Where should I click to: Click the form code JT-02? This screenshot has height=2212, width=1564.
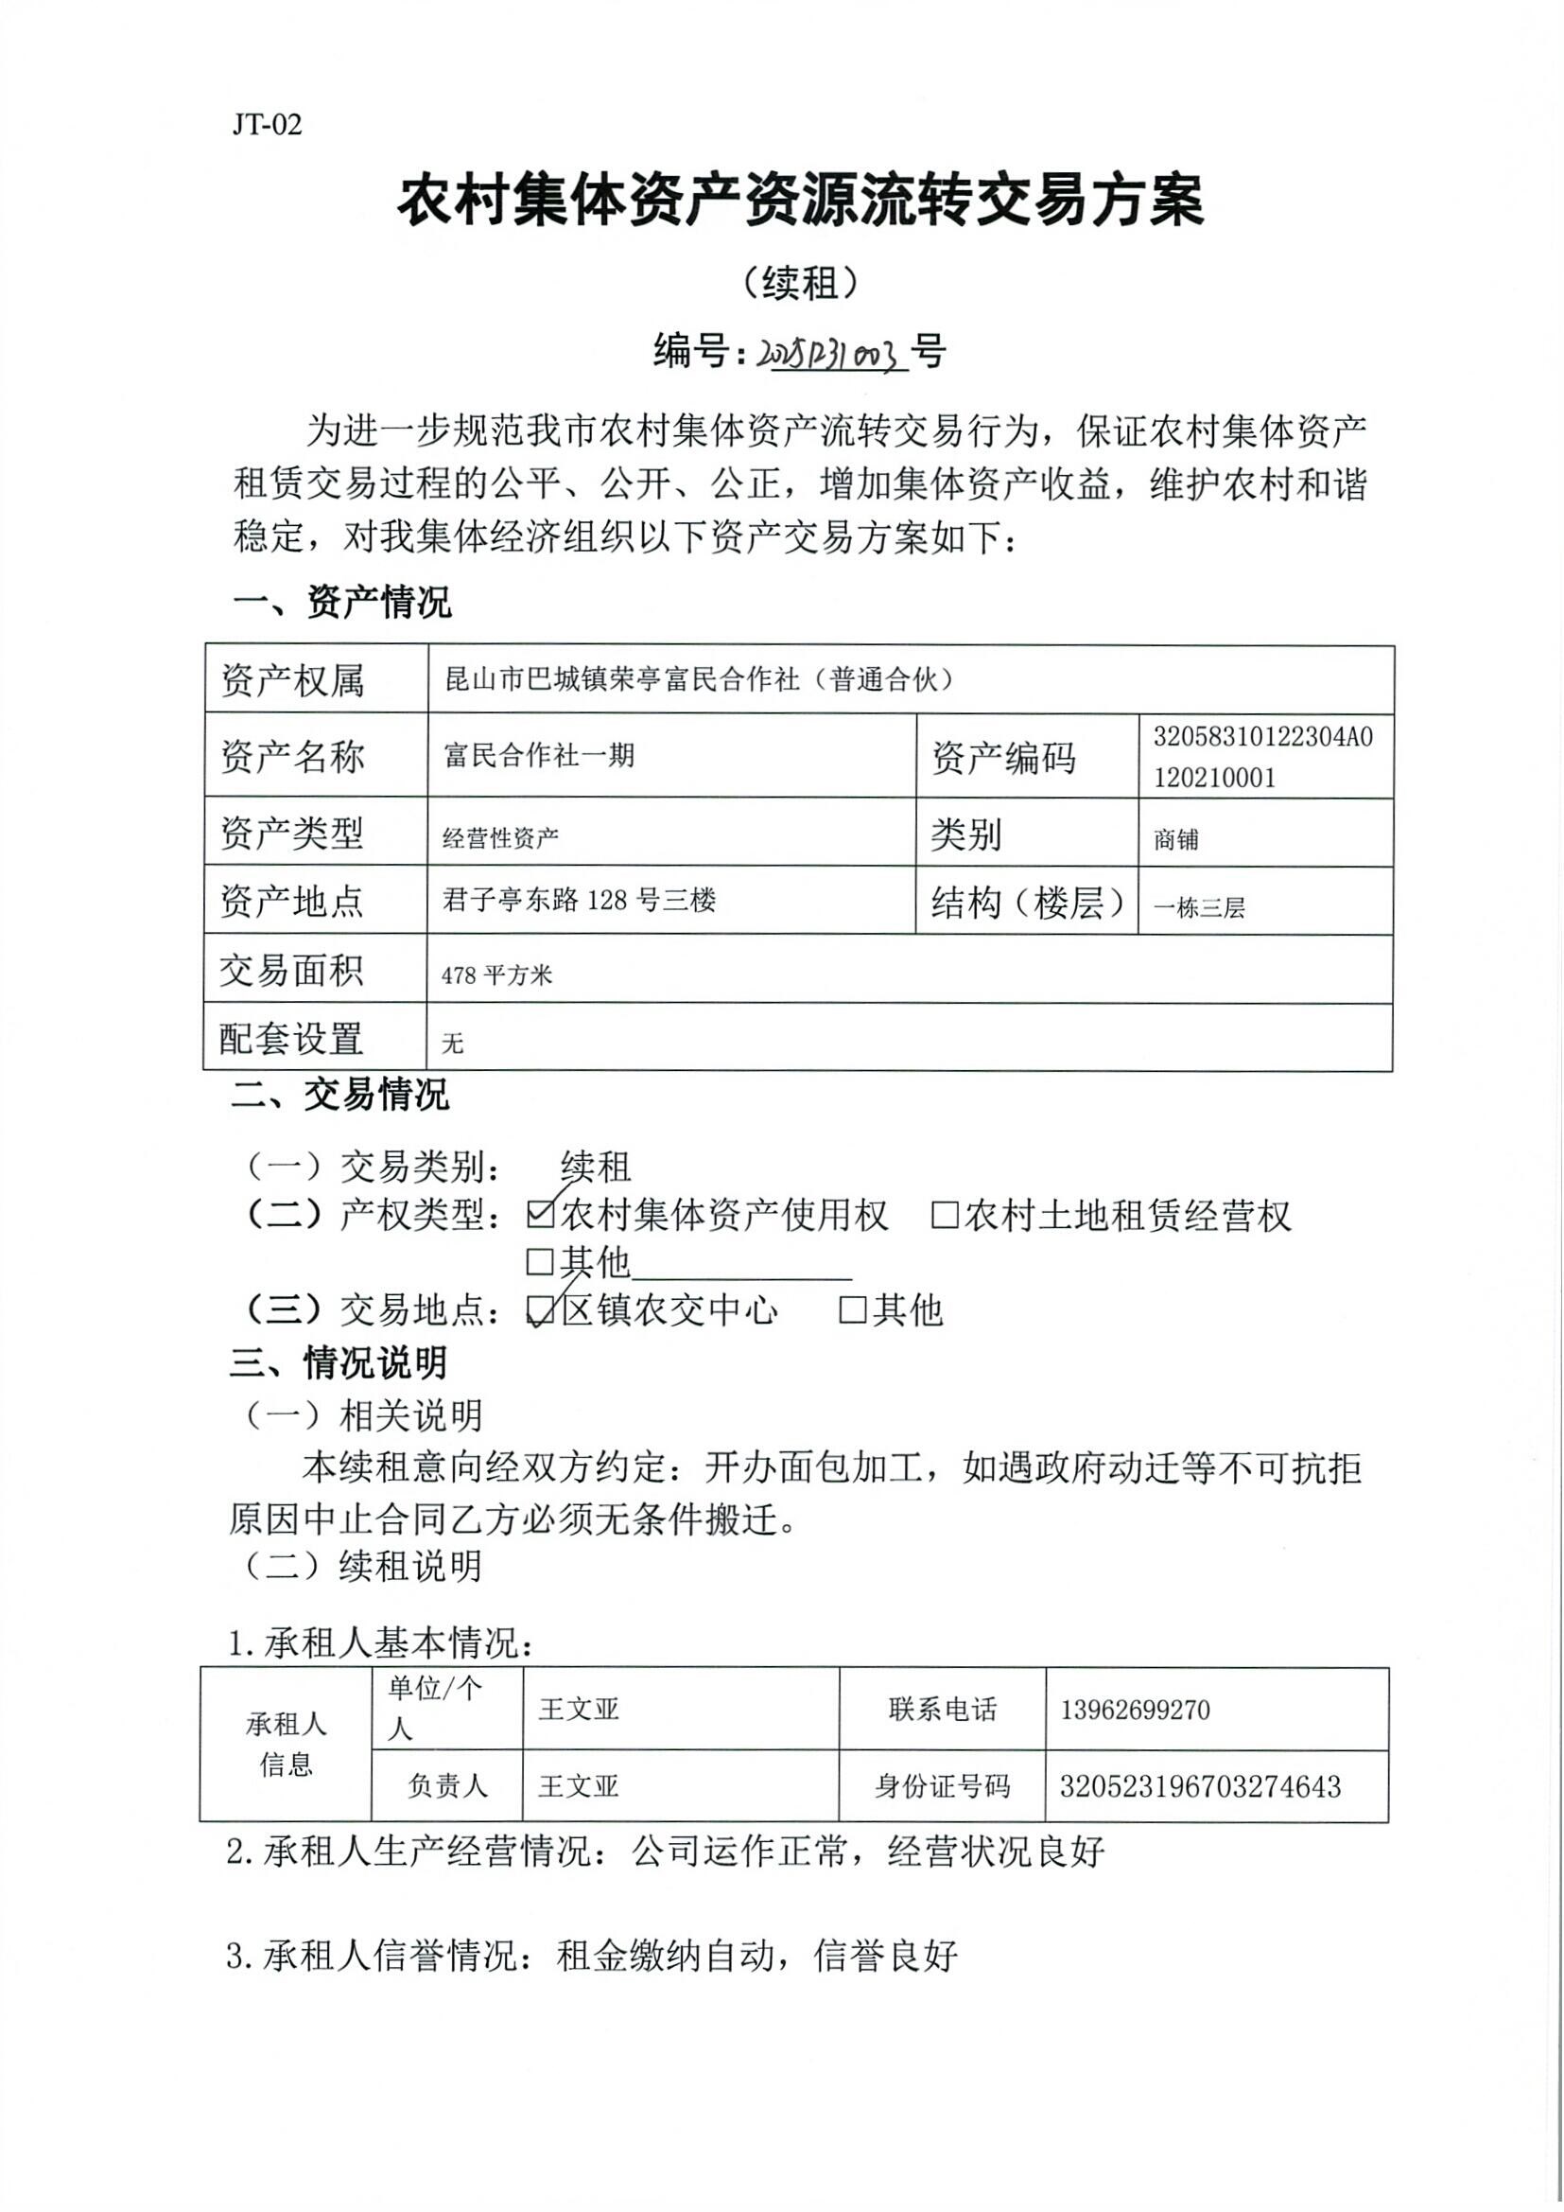tap(267, 124)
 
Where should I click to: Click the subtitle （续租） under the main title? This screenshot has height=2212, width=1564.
tap(800, 282)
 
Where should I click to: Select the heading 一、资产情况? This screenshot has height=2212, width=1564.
tap(342, 602)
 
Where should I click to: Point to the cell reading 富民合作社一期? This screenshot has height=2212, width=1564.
tap(539, 754)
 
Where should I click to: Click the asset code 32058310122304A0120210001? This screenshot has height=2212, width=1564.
tap(1262, 756)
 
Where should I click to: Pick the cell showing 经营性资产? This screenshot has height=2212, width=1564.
tap(501, 837)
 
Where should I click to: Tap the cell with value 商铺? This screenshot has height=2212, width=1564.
tap(1176, 839)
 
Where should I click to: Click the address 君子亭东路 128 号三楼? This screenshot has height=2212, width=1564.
tap(579, 900)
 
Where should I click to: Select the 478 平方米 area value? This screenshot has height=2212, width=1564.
tap(497, 975)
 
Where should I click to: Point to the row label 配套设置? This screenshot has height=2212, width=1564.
tap(292, 1038)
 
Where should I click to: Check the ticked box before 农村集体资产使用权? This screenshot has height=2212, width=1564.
tap(540, 1216)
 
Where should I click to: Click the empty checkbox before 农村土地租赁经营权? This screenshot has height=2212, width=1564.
tap(945, 1216)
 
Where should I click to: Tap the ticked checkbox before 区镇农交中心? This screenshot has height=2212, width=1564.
tap(540, 1310)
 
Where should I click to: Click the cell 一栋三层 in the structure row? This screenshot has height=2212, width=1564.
tap(1199, 906)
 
